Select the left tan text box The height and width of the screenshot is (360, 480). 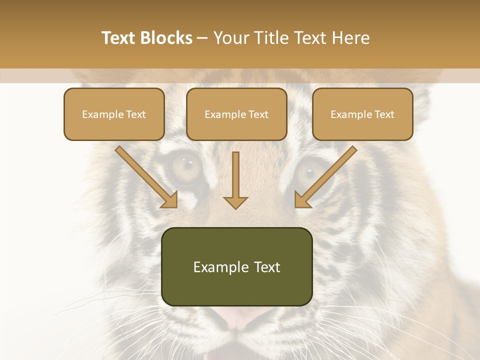click(114, 114)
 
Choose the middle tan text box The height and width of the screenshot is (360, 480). click(236, 114)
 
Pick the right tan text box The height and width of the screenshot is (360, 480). click(362, 114)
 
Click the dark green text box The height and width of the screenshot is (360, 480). click(236, 266)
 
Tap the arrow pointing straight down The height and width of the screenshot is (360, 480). click(235, 180)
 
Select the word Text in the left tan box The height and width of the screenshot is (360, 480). click(136, 114)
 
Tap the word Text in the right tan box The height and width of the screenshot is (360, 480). click(384, 114)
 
